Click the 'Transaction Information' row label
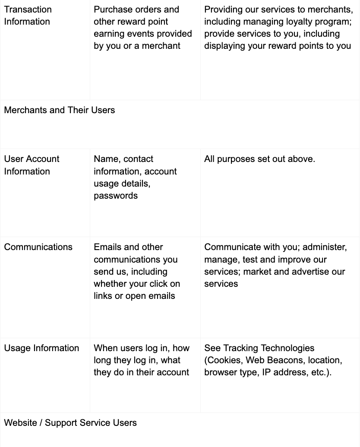tap(28, 16)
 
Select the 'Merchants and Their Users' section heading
tap(60, 110)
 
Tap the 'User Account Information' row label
tap(32, 165)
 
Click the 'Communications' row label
tap(38, 247)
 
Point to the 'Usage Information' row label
tap(41, 348)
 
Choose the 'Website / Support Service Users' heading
tap(70, 423)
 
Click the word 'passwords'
tap(116, 196)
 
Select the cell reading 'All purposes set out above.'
tap(259, 159)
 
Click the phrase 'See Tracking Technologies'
tap(259, 348)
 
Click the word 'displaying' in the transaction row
tap(225, 46)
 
